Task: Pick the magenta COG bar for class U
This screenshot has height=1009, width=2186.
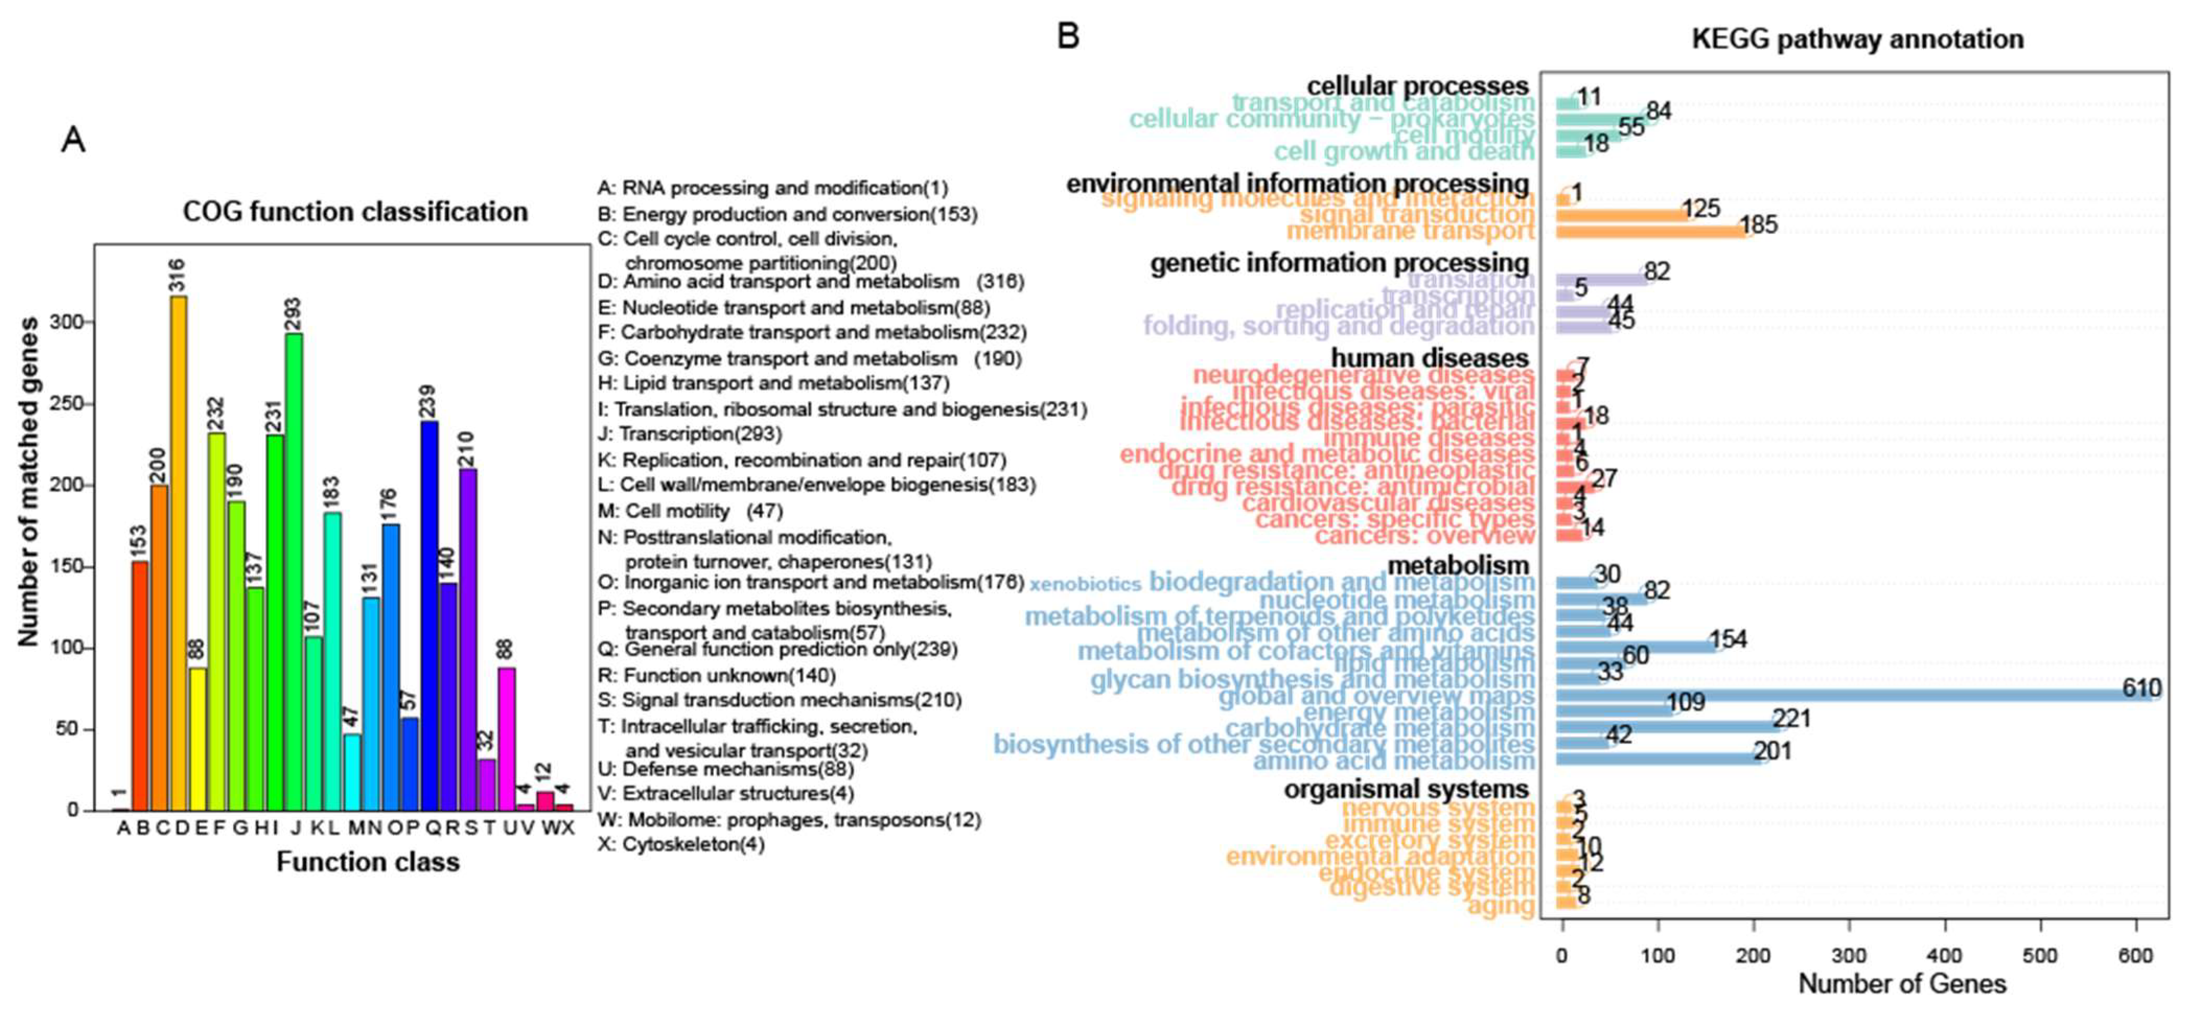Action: (507, 738)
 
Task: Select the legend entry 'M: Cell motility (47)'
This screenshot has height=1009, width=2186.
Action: (689, 511)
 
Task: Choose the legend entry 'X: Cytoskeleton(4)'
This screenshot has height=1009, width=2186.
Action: (681, 844)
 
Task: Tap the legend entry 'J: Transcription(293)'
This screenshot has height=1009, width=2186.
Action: (689, 434)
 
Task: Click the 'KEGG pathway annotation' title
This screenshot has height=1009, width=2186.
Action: (1857, 39)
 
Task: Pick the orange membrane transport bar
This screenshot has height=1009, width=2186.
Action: (1650, 231)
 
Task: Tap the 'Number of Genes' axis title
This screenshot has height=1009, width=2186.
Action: (1902, 983)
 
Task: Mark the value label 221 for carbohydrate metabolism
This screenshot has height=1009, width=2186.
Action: (1792, 719)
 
